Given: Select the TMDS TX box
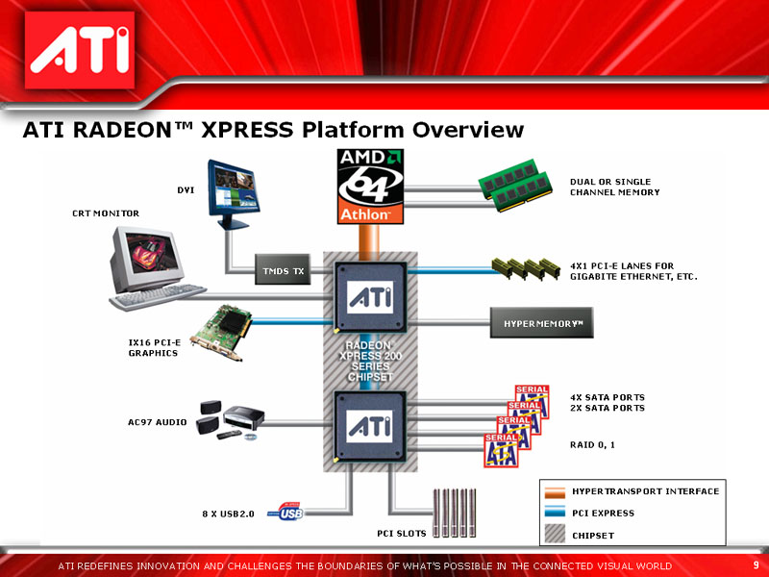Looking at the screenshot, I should (x=284, y=272).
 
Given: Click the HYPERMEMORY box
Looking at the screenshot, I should (x=543, y=323).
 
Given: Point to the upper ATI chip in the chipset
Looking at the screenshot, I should (x=370, y=297).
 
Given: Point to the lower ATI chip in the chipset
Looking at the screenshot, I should (x=370, y=425).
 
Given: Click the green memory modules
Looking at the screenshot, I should (x=515, y=190).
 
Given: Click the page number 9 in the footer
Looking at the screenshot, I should (x=756, y=564).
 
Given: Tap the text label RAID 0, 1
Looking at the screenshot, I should (x=592, y=445).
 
